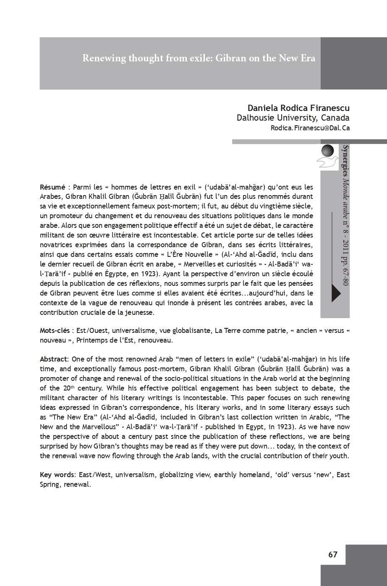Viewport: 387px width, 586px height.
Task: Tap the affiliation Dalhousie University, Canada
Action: [x=293, y=118]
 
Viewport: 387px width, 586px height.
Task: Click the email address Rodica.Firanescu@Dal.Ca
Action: [x=310, y=128]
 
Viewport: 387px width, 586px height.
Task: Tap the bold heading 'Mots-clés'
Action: [x=55, y=331]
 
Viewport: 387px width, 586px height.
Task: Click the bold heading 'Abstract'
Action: [x=54, y=359]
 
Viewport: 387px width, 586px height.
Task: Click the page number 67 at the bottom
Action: [x=332, y=555]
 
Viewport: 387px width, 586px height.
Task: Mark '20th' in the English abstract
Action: [x=71, y=388]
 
